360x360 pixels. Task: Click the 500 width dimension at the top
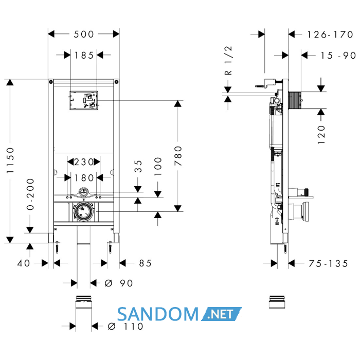(x=84, y=34)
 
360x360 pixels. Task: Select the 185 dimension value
(x=84, y=56)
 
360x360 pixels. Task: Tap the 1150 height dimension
(x=10, y=160)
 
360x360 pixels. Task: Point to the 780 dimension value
(x=178, y=156)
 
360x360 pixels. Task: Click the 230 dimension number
(x=84, y=162)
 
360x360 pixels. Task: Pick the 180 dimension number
(x=84, y=178)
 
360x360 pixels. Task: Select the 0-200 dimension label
(x=30, y=194)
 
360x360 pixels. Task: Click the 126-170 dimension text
(x=330, y=34)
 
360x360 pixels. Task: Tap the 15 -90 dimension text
(x=338, y=56)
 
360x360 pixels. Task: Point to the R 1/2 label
(x=228, y=60)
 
